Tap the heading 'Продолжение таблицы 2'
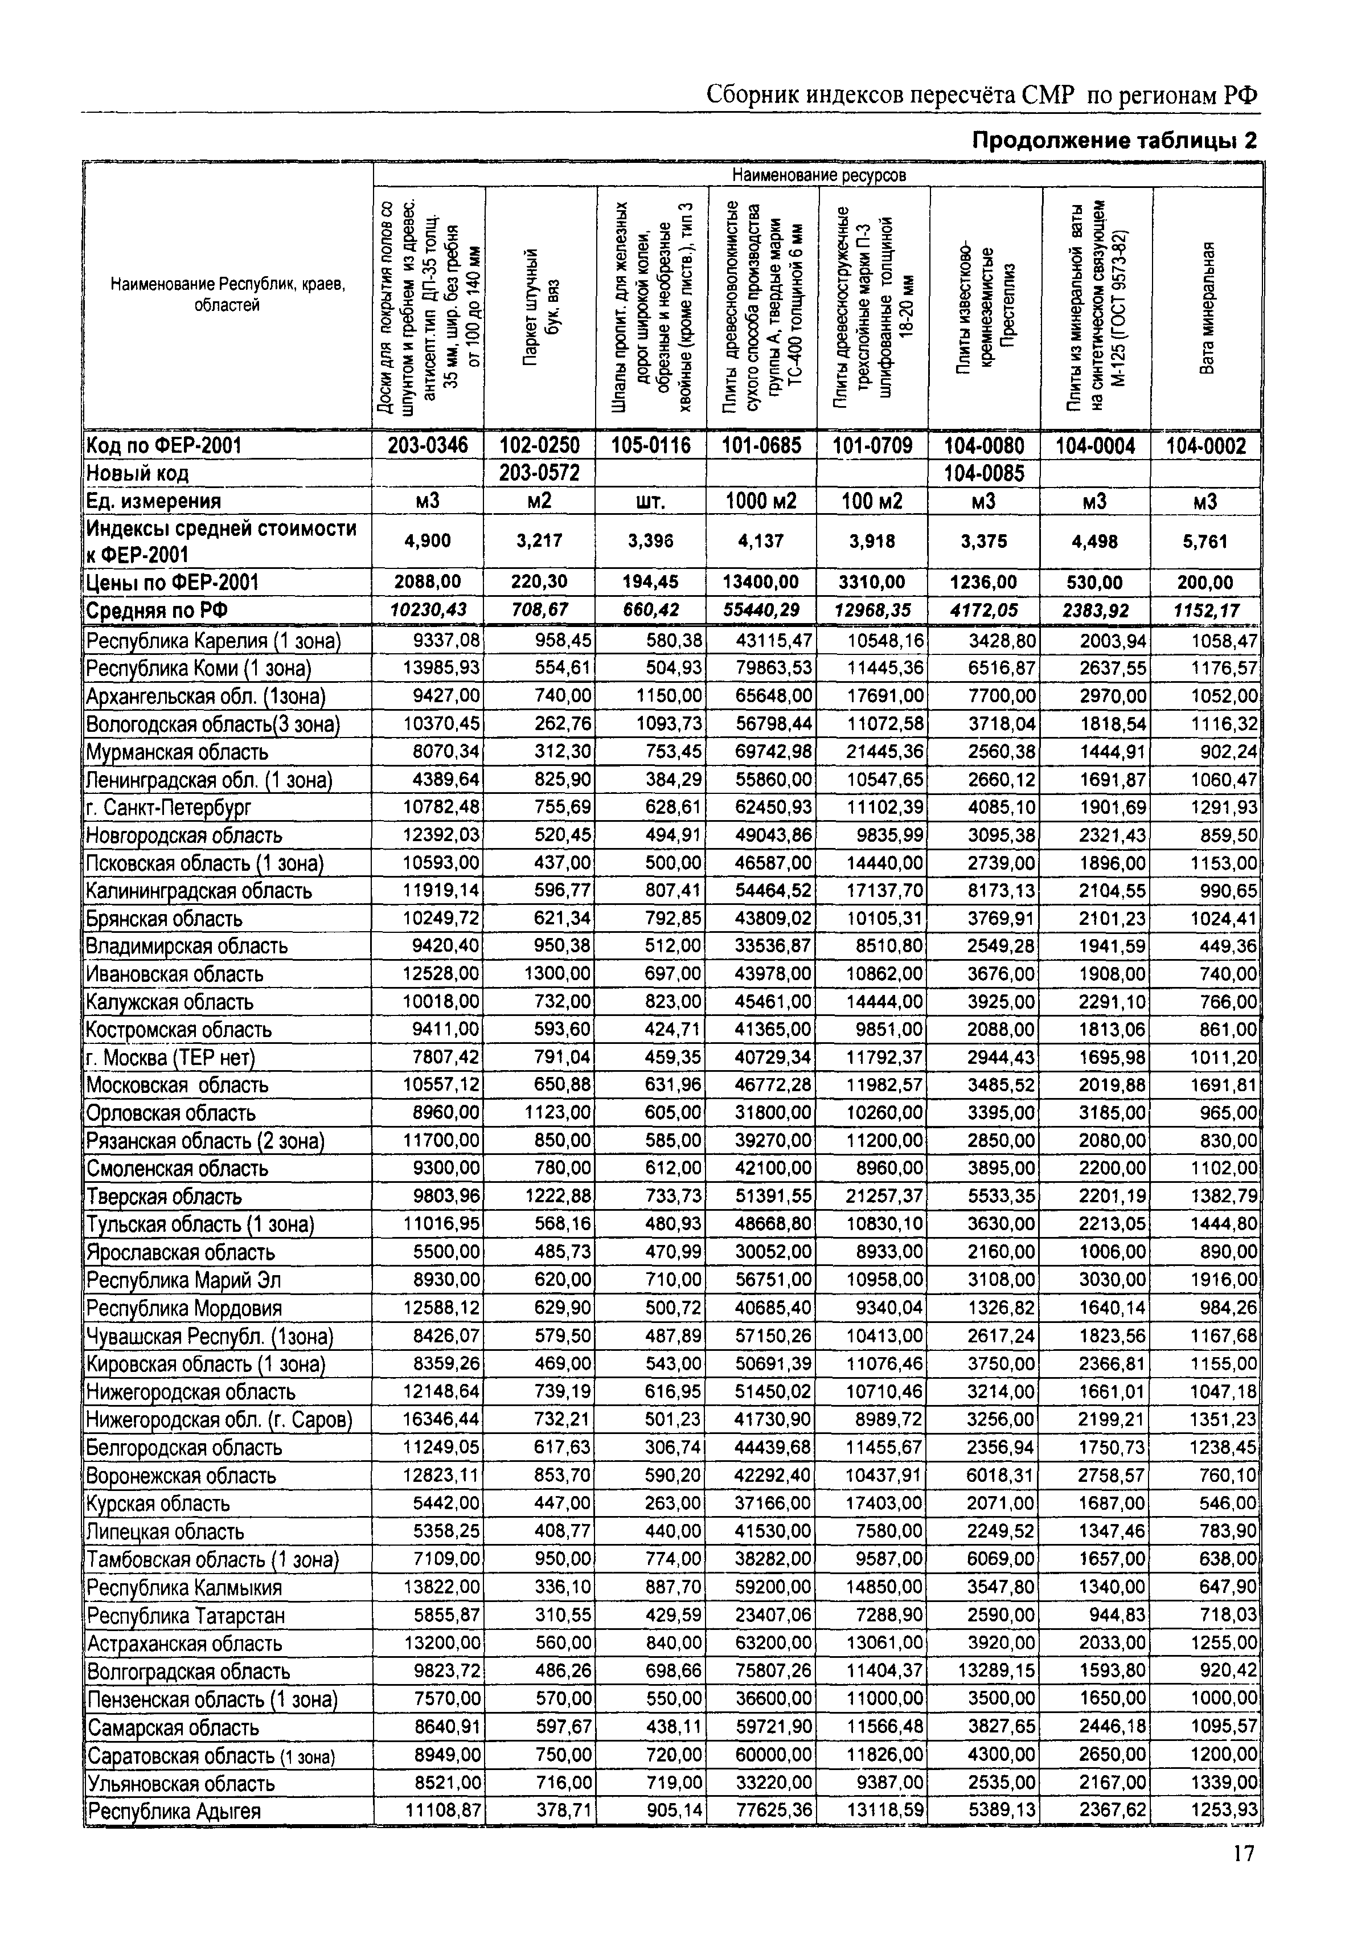1114,141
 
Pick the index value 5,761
1206,541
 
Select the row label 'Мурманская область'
177,752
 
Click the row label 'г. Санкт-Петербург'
169,808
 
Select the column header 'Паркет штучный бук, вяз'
540,308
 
